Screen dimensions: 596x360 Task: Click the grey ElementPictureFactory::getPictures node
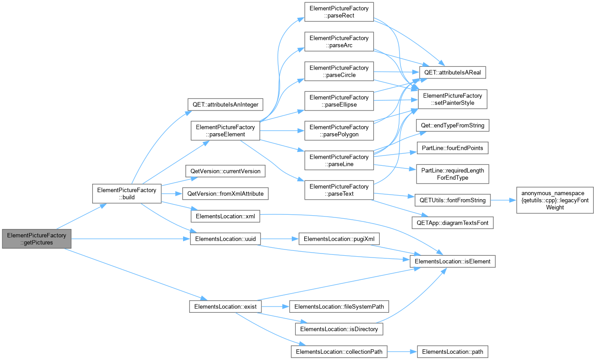coord(37,239)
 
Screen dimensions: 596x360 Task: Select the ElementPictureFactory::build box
coord(127,193)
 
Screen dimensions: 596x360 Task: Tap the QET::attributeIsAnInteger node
coord(225,105)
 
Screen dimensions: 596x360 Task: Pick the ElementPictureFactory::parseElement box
coord(225,131)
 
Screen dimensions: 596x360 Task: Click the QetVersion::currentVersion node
coord(225,171)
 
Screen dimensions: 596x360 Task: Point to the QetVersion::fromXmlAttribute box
coord(225,194)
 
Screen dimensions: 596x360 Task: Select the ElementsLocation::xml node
coord(225,217)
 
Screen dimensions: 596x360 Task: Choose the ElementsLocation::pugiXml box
coord(339,239)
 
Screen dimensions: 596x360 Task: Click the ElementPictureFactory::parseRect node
coord(339,12)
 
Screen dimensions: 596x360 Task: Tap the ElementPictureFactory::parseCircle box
coord(339,71)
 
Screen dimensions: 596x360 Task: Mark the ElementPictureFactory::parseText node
coord(339,190)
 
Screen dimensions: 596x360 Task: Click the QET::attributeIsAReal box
coord(453,72)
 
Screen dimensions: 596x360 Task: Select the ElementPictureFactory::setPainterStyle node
coord(453,99)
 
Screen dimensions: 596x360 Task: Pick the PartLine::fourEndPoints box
coord(453,148)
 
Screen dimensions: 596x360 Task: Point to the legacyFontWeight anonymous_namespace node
coord(555,200)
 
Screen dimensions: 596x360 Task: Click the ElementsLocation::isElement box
coord(453,261)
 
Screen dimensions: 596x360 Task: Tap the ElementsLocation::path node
coord(453,352)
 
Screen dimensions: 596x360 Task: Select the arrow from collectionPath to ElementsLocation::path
coord(402,352)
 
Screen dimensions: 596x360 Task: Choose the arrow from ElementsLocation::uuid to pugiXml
coord(279,239)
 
